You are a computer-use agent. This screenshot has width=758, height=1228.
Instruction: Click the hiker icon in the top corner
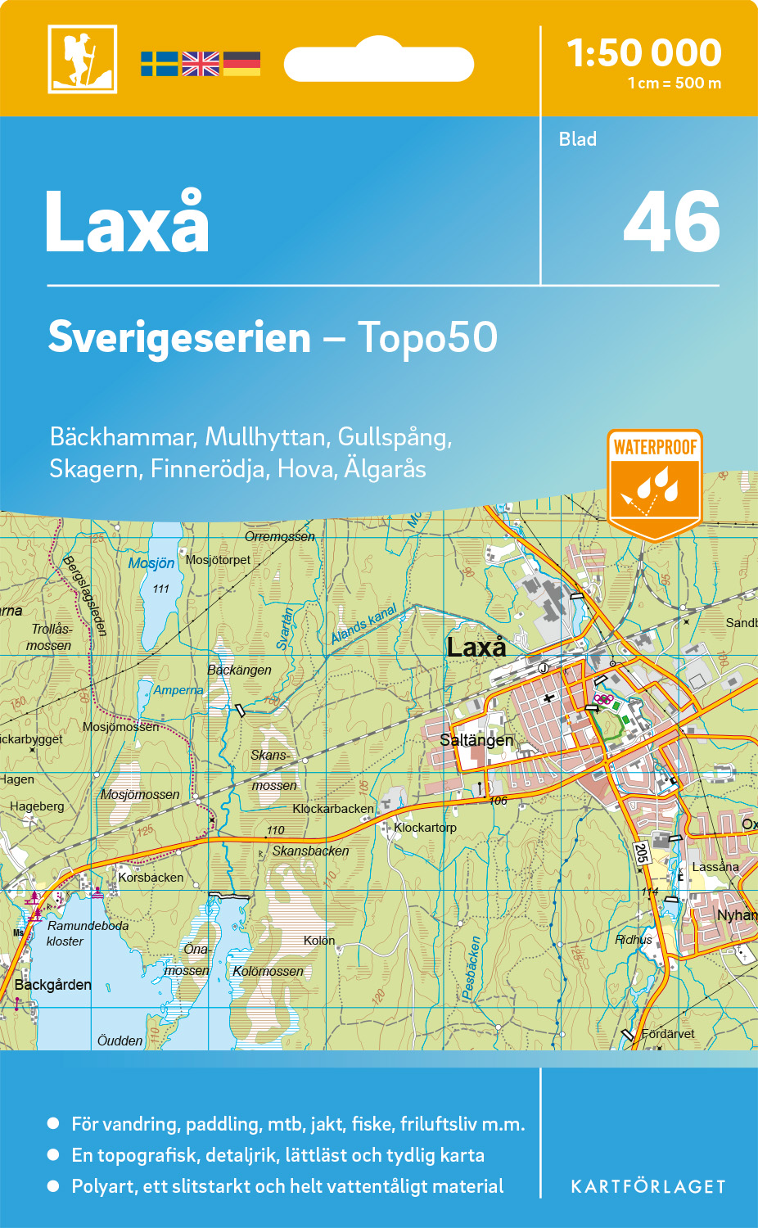pos(82,59)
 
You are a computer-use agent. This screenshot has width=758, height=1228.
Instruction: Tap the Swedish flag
pos(159,64)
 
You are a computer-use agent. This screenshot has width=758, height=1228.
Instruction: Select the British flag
pos(201,64)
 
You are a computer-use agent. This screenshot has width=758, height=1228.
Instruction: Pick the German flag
pos(241,64)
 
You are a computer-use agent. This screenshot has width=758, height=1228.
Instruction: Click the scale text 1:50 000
pos(644,54)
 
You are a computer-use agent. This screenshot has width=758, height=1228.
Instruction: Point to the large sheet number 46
pos(671,222)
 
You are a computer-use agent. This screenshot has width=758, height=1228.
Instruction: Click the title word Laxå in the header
pos(128,222)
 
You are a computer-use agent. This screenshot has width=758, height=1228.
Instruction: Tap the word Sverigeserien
pos(179,337)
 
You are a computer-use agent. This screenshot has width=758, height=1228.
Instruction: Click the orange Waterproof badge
pos(655,483)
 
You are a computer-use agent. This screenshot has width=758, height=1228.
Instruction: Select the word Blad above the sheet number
pos(578,139)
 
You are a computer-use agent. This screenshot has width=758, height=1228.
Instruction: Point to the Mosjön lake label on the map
pos(151,563)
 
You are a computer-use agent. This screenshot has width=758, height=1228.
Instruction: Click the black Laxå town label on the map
pos(476,648)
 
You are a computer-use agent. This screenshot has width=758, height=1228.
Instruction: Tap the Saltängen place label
pos(476,740)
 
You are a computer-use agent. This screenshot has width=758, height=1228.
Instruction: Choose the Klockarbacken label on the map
pos(333,809)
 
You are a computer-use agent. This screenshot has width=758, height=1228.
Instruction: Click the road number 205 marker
pos(642,853)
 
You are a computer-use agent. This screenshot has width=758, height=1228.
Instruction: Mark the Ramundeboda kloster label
pos(87,933)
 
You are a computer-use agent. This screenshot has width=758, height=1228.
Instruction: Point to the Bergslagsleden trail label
pos(85,595)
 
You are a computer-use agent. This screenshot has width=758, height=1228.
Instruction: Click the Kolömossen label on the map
pos(268,972)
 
